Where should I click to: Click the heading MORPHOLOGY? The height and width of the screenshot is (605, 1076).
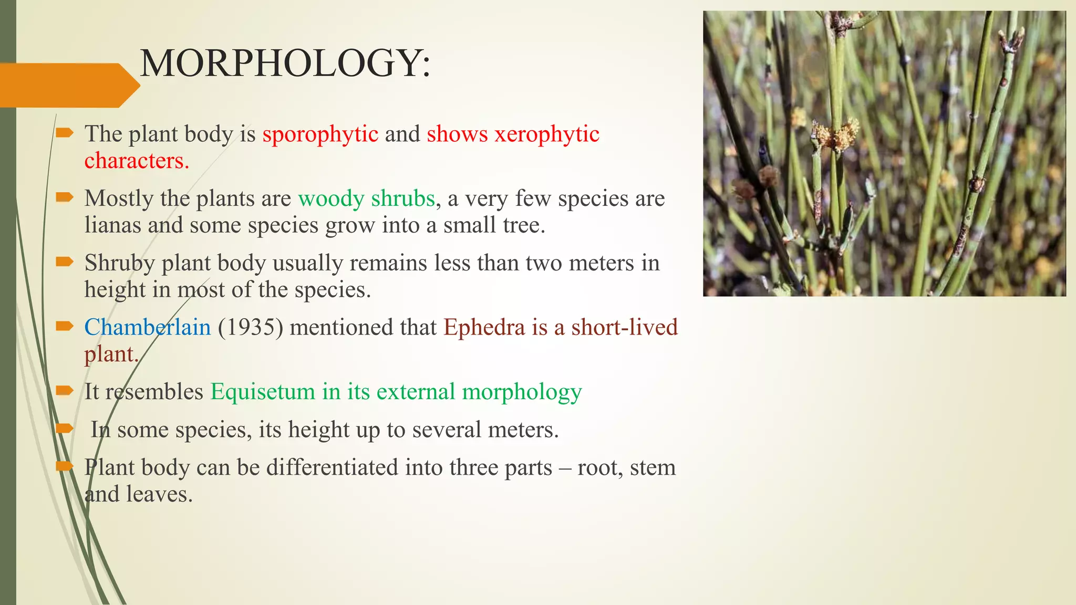(x=285, y=64)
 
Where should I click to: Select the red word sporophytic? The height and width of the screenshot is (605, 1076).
(x=320, y=134)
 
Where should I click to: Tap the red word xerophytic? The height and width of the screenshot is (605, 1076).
(x=547, y=134)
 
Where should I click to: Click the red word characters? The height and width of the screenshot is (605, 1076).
(x=137, y=161)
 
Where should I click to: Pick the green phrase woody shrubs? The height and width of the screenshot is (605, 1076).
(x=366, y=199)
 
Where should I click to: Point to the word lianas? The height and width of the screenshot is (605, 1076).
(x=112, y=225)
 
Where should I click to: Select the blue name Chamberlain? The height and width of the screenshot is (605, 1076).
(x=148, y=327)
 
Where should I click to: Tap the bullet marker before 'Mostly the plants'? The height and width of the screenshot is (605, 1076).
(x=65, y=197)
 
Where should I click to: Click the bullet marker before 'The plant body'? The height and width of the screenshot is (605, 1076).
(x=65, y=133)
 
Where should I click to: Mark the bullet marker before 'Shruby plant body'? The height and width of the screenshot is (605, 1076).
(x=65, y=262)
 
